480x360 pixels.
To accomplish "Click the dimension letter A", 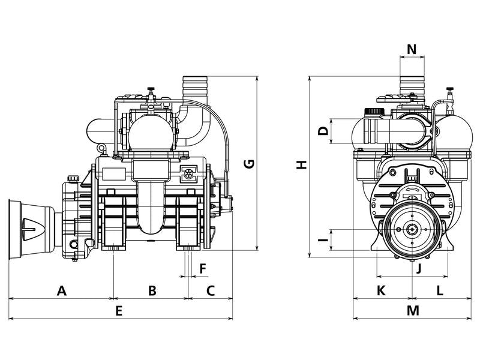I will click(61, 291).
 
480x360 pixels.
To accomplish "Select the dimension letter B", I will click(152, 291).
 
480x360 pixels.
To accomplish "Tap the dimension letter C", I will click(211, 291).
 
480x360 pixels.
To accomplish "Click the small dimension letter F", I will click(202, 268).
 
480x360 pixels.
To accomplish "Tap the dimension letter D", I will click(323, 131).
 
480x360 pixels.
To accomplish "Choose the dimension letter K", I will click(381, 291).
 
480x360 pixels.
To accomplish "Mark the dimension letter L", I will click(440, 291).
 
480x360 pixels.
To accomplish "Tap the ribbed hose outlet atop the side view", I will click(195, 86).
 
